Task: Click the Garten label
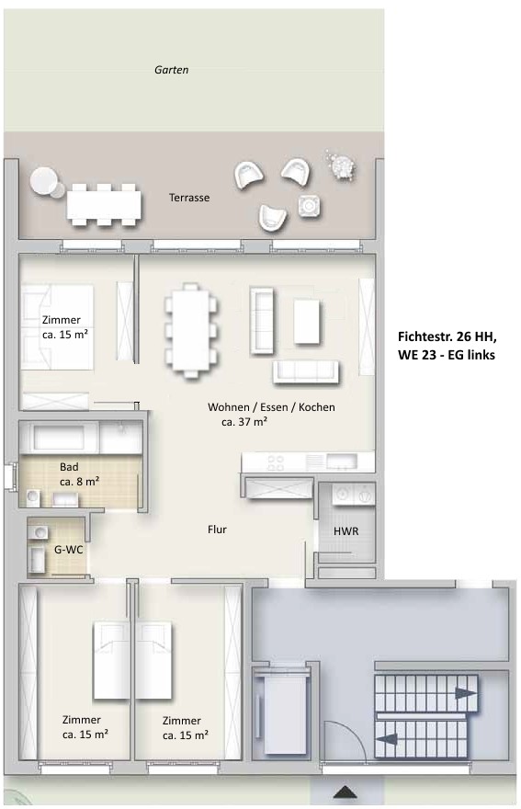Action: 171,70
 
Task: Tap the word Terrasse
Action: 189,198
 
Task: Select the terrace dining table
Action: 104,205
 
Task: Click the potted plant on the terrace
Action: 341,165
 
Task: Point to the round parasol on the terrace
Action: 44,181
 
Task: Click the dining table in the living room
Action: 191,330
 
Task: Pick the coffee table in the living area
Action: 307,323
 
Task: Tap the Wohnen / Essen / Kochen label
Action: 271,407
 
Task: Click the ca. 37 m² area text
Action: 244,422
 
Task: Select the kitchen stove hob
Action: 275,462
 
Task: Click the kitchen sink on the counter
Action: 342,461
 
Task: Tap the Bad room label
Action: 69,467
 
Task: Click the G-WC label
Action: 69,550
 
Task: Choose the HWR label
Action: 345,531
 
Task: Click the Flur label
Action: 217,530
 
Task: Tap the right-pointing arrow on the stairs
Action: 466,693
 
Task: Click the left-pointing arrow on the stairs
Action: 386,739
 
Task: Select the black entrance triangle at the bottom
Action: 345,793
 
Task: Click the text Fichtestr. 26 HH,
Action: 447,336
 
